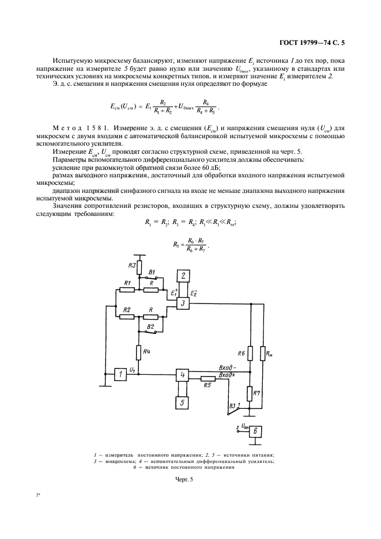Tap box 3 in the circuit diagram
[182, 303]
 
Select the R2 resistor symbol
[127, 316]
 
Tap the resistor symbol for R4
[138, 352]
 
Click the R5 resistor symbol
[208, 379]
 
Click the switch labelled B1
[152, 277]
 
